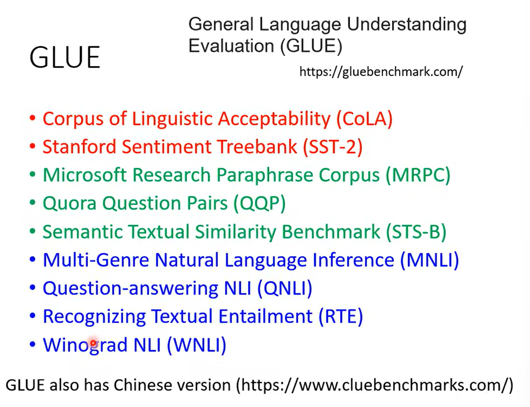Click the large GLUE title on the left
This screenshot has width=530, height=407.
pyautogui.click(x=65, y=57)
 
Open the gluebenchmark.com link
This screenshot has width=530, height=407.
pyautogui.click(x=381, y=72)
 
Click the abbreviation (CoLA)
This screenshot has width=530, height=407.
pyautogui.click(x=364, y=119)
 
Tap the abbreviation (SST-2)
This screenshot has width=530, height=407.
pyautogui.click(x=333, y=147)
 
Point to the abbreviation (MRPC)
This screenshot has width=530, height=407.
pyautogui.click(x=419, y=175)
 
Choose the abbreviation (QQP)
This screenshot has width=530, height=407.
pyautogui.click(x=260, y=204)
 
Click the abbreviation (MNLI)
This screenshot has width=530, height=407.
pyautogui.click(x=429, y=260)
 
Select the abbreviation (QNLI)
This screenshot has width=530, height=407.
pyautogui.click(x=285, y=289)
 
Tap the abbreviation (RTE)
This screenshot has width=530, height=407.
pyautogui.click(x=341, y=317)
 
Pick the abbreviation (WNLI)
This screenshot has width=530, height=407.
pyautogui.click(x=197, y=345)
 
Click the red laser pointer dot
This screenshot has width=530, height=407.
pyautogui.click(x=93, y=342)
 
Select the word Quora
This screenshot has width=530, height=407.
pyautogui.click(x=69, y=204)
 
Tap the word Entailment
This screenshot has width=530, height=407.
pyautogui.click(x=265, y=317)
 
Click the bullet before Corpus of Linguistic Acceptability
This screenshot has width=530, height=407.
pyautogui.click(x=33, y=118)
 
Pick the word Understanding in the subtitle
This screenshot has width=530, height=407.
pyautogui.click(x=407, y=25)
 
